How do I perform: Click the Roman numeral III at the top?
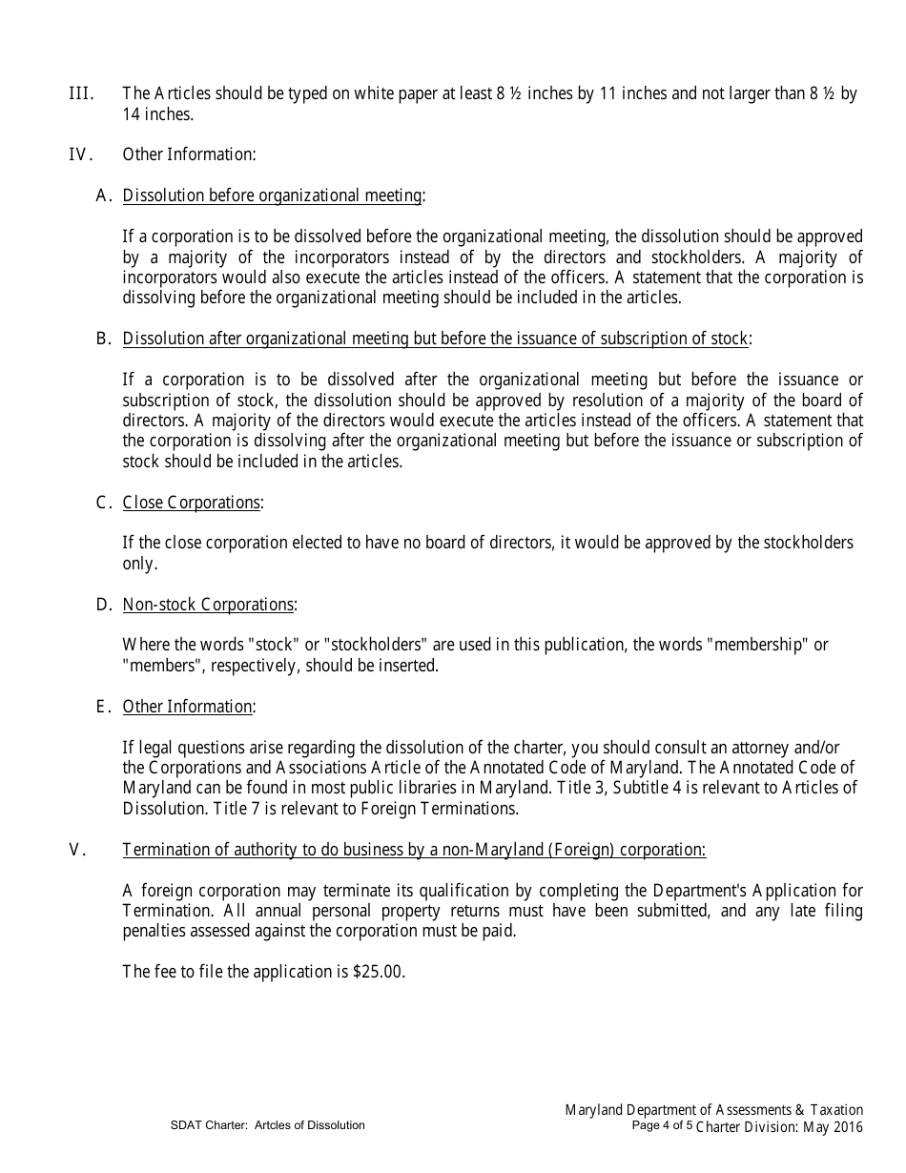pos(81,93)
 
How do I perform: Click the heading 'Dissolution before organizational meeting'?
pos(273,195)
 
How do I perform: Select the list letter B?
pos(103,339)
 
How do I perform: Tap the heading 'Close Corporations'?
pos(192,503)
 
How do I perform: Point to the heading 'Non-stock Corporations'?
pos(208,605)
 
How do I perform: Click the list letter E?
pos(103,707)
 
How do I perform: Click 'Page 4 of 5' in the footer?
pos(662,1125)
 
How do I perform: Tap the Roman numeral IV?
pos(80,154)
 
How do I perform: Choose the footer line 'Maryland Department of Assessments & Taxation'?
pos(713,1109)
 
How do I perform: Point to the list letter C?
pos(103,503)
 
